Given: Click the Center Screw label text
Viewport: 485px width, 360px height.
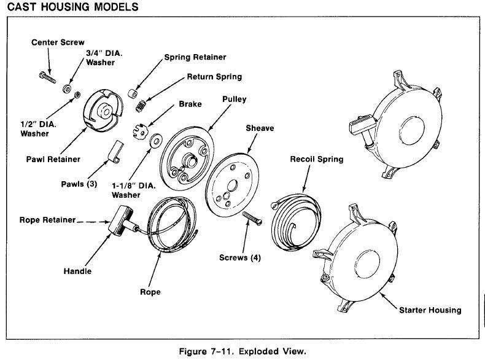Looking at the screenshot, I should (58, 42).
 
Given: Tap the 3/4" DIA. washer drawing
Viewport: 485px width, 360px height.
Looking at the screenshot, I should (67, 82).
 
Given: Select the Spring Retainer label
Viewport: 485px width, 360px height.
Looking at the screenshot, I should (195, 57).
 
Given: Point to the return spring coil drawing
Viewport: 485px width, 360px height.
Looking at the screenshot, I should (141, 105).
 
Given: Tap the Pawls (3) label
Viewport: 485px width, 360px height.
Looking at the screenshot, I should (78, 184).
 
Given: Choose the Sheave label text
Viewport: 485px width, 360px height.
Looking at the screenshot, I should (260, 128).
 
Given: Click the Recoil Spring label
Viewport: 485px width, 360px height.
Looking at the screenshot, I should (316, 159).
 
